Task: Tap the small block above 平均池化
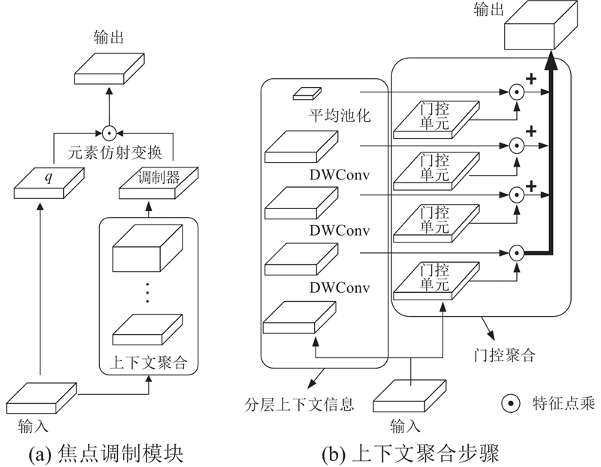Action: [x=306, y=93]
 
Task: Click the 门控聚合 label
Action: [x=503, y=355]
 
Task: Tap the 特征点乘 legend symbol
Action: [x=510, y=405]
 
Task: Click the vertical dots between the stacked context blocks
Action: [x=148, y=291]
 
